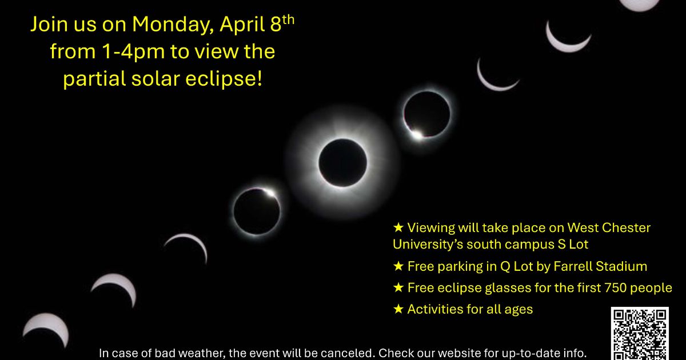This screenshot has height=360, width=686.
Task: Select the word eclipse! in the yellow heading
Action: (x=224, y=79)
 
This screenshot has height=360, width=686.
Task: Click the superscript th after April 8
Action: (x=289, y=19)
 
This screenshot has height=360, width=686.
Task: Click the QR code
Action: (x=640, y=333)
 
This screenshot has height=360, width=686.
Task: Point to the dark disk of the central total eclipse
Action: (x=342, y=162)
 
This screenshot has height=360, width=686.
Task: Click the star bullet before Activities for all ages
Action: (x=398, y=309)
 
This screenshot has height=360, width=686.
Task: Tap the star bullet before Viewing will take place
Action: (x=398, y=227)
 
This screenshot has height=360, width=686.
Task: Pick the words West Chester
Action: (x=609, y=228)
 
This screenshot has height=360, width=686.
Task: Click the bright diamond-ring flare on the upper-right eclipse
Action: (x=417, y=134)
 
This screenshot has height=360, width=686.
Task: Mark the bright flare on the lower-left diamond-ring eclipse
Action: (x=269, y=193)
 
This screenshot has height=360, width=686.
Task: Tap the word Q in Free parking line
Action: (x=505, y=267)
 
